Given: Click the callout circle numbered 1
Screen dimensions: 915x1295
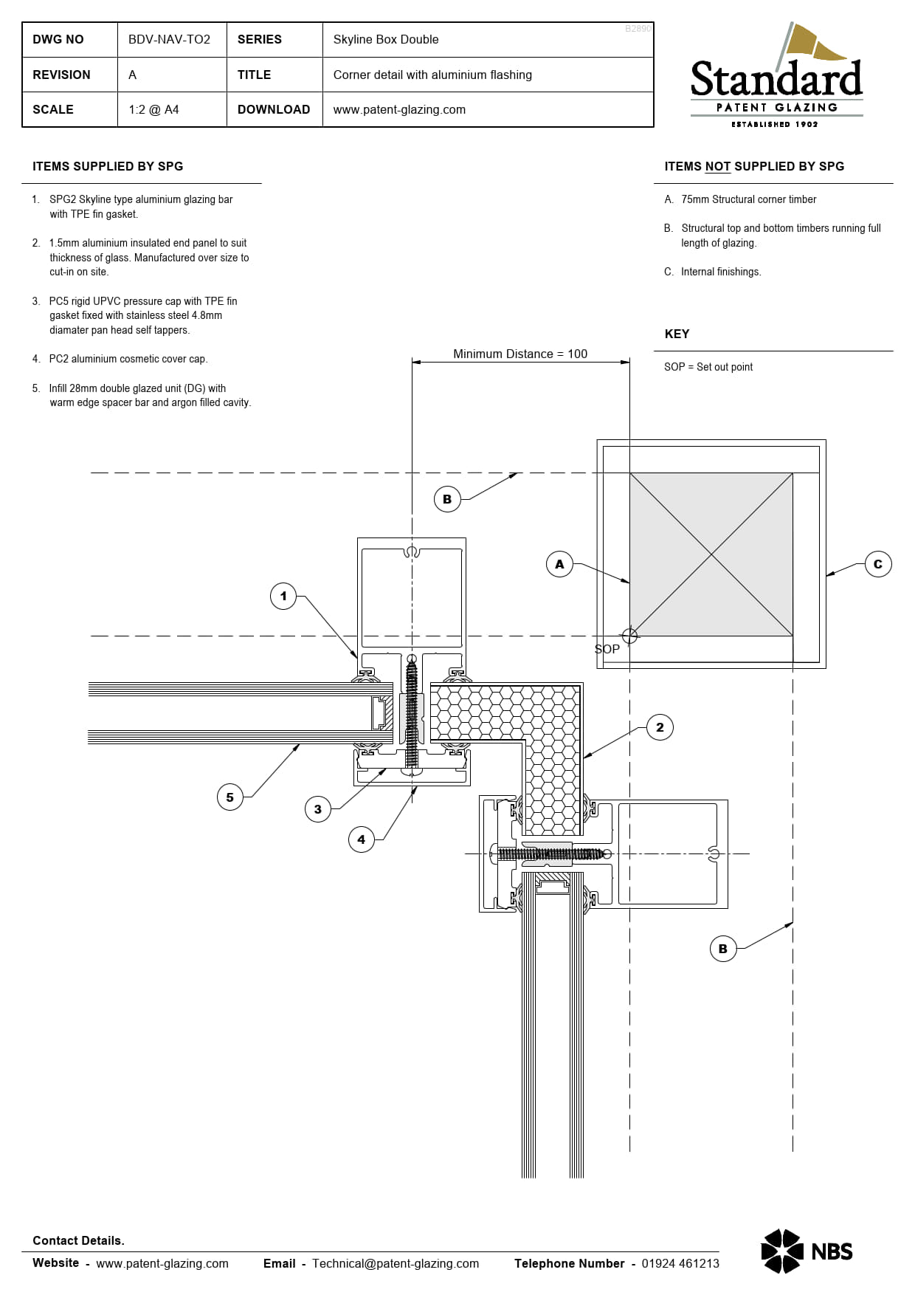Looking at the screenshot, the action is [x=283, y=596].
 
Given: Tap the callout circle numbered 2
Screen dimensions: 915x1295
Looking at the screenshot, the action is [x=660, y=727].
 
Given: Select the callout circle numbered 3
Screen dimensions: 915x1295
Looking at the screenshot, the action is [x=318, y=809].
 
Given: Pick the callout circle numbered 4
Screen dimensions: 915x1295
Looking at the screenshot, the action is [x=362, y=839].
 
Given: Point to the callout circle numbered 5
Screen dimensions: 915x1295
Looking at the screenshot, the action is [x=230, y=797].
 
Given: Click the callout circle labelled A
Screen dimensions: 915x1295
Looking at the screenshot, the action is [x=560, y=564].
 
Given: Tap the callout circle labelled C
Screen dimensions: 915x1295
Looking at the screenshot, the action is [x=878, y=564].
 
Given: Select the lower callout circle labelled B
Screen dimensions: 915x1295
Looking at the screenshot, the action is [x=723, y=949].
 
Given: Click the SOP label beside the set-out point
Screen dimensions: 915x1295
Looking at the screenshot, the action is [x=607, y=649].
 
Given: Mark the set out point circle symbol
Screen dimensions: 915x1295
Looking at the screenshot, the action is [x=629, y=636].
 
